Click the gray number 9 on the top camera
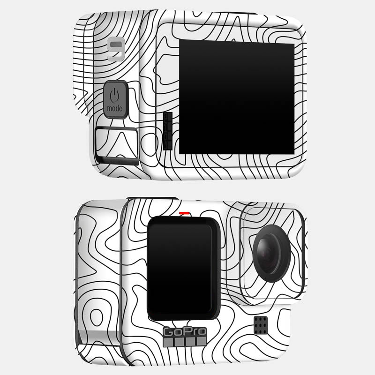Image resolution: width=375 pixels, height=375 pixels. click(116, 49)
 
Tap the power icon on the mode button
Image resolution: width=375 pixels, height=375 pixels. click(114, 95)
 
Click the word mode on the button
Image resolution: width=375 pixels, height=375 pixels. click(115, 109)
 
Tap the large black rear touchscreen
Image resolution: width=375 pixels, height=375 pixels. click(237, 97)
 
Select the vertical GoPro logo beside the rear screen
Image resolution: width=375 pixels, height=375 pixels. click(168, 131)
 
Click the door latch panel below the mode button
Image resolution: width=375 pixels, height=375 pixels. click(117, 146)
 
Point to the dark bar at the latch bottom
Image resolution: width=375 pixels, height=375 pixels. click(119, 161)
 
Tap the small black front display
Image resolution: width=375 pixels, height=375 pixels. click(183, 268)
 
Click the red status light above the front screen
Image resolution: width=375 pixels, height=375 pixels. click(184, 213)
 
